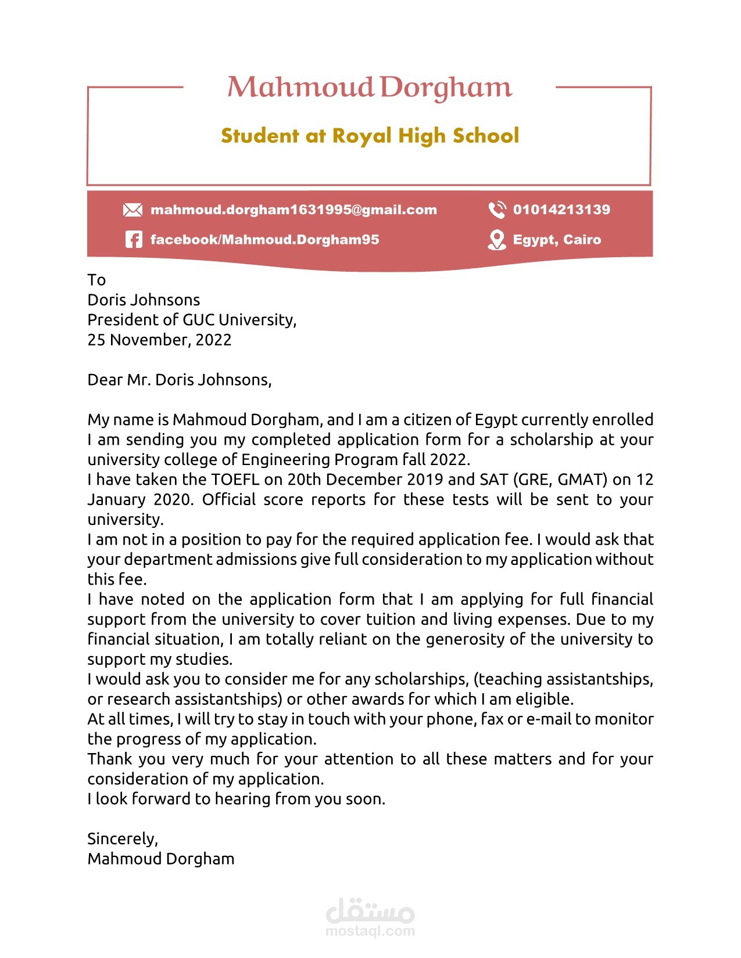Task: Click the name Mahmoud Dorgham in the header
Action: point(370,87)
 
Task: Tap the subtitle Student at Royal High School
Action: point(370,136)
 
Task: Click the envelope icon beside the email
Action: point(133,210)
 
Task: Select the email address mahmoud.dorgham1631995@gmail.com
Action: point(293,210)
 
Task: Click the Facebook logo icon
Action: point(133,239)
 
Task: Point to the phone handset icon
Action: point(497,210)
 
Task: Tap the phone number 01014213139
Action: point(561,210)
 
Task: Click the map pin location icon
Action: point(496,240)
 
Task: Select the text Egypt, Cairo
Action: point(557,240)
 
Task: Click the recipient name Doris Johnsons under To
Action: point(144,300)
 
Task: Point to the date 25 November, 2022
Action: point(159,340)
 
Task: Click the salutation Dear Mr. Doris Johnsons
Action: point(179,380)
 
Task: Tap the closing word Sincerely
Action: point(122,839)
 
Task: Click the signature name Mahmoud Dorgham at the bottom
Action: point(161,859)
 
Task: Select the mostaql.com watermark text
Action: point(370,931)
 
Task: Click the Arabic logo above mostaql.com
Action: point(370,910)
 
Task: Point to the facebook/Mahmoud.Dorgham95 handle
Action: point(264,240)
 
